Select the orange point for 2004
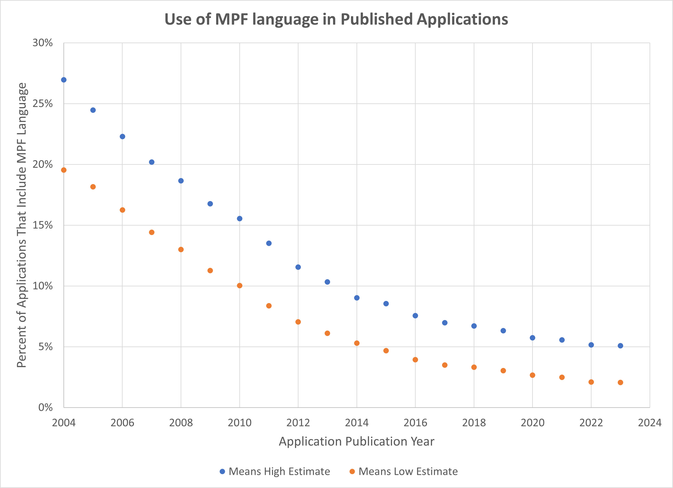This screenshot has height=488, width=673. point(64,170)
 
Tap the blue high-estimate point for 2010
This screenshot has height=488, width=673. point(240,218)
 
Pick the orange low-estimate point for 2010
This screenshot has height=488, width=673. point(240,285)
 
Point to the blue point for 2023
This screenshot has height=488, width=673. point(620,346)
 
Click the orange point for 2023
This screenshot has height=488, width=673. point(620,383)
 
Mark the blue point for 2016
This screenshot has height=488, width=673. point(415,316)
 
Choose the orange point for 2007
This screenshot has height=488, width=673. point(152,232)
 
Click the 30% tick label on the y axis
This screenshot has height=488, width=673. point(42,43)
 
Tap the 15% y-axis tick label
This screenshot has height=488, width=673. point(42,225)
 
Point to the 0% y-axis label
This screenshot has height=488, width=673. point(45,407)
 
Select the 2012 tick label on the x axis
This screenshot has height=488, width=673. point(298,423)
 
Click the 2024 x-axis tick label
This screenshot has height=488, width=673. point(650,423)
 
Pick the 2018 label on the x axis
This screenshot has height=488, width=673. point(474,423)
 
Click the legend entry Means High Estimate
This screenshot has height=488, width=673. point(279,471)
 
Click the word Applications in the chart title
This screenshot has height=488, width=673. point(462,19)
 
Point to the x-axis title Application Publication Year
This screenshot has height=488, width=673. point(356,441)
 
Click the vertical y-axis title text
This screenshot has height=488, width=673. point(22,225)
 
